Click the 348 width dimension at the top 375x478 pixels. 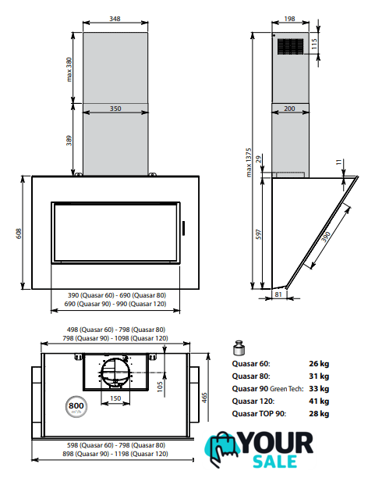(x=115, y=19)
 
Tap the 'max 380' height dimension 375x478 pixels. (x=69, y=70)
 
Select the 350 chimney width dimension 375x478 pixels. (x=115, y=109)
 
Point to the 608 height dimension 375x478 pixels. (x=19, y=234)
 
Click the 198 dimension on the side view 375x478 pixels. (x=289, y=19)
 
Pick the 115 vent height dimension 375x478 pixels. (x=314, y=44)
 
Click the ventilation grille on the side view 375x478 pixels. (x=290, y=47)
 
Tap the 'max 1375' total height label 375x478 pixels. (x=249, y=162)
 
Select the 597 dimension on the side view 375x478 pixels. (x=258, y=234)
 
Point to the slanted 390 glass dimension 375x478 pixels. (x=326, y=237)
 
